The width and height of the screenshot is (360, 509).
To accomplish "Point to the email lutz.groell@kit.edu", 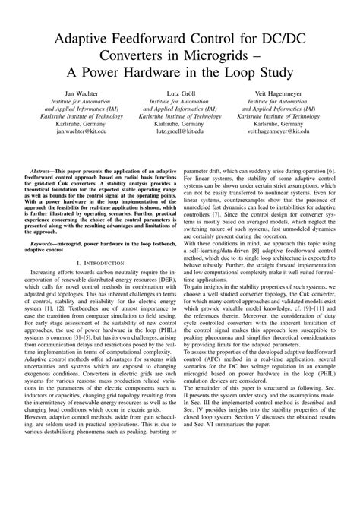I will coord(180,131).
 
